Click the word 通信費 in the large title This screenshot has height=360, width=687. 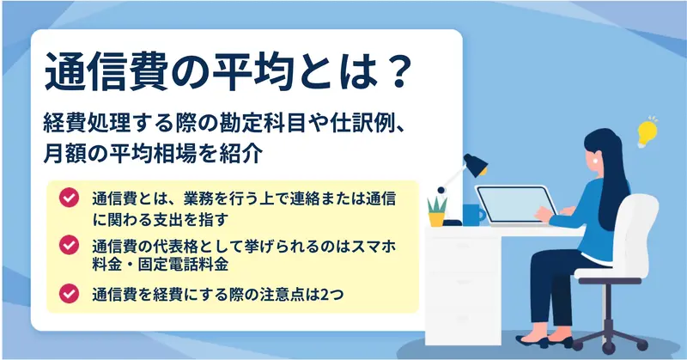pyautogui.click(x=105, y=72)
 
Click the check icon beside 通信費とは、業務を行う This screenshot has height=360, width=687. pyautogui.click(x=70, y=198)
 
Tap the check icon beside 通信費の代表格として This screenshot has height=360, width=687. pyautogui.click(x=70, y=245)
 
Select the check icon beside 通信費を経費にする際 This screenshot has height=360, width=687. pyautogui.click(x=70, y=293)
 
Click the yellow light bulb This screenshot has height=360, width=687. pyautogui.click(x=647, y=132)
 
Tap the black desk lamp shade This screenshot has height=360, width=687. pyautogui.click(x=477, y=165)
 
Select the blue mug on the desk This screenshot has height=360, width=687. pyautogui.click(x=473, y=215)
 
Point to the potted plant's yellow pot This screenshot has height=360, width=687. pyautogui.click(x=436, y=219)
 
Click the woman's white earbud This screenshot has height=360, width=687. pyautogui.click(x=595, y=161)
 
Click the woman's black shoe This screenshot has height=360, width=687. pyautogui.click(x=532, y=341)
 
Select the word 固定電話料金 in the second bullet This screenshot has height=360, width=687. pyautogui.click(x=183, y=265)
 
